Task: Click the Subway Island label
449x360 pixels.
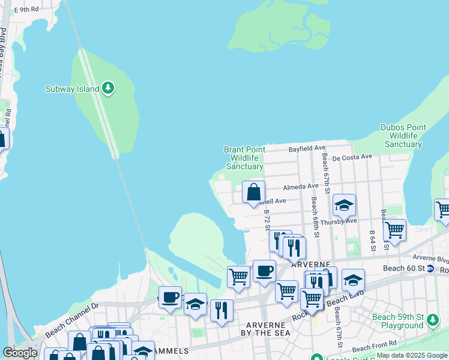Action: [72, 89]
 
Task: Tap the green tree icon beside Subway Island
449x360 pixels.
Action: [108, 88]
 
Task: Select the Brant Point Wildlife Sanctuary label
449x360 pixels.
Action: [243, 158]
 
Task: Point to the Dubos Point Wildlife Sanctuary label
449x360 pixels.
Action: [403, 136]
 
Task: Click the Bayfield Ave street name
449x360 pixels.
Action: [307, 148]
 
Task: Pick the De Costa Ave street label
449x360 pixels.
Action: [352, 157]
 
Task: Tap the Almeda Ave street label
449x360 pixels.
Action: [301, 187]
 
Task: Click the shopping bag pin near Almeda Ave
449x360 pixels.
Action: [254, 193]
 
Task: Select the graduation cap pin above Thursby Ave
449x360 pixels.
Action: [345, 205]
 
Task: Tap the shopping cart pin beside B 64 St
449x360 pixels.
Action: [394, 229]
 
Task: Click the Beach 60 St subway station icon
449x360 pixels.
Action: [430, 268]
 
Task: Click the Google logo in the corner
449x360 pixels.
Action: [20, 353]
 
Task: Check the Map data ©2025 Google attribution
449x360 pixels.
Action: [412, 356]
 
